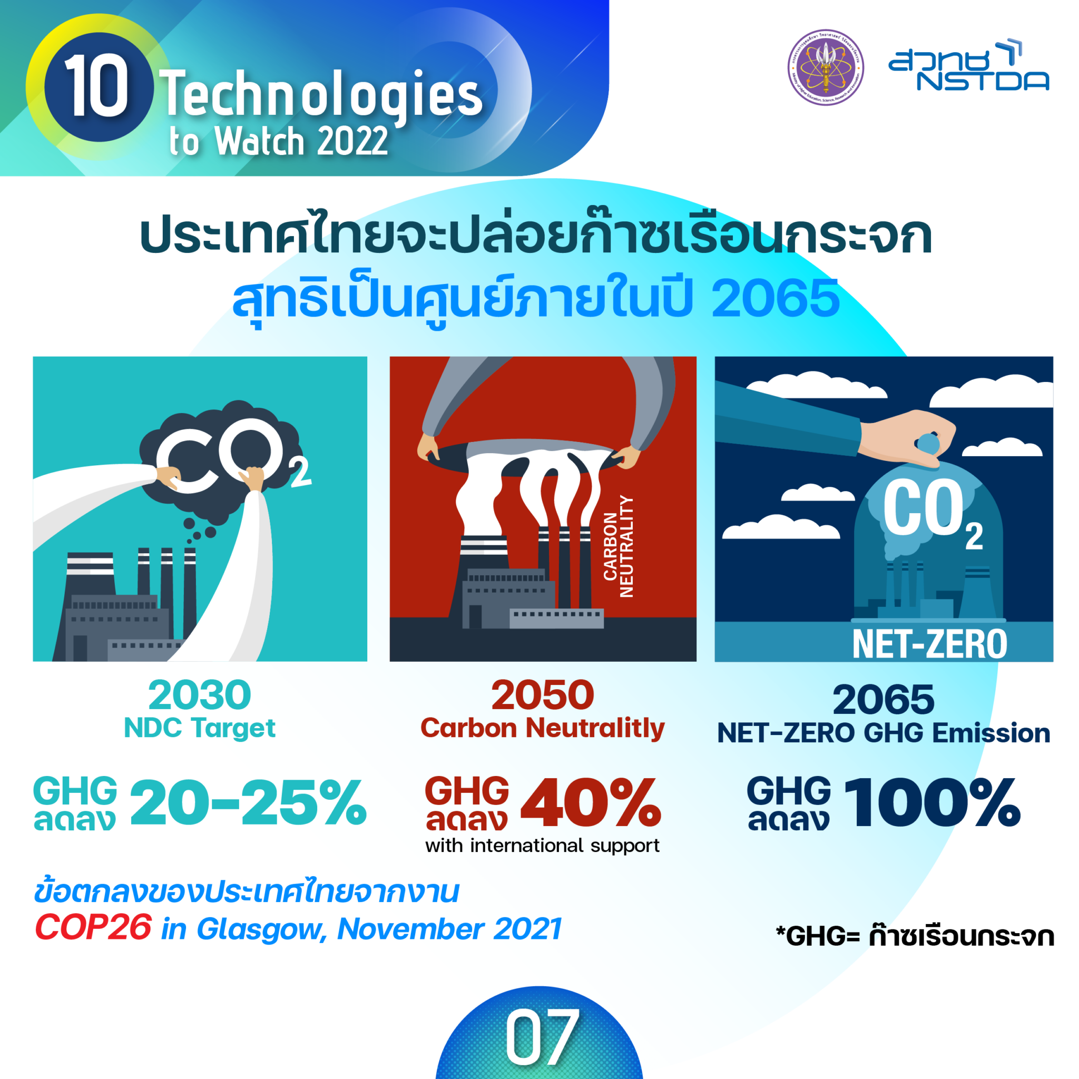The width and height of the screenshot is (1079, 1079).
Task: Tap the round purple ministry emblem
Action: point(826,67)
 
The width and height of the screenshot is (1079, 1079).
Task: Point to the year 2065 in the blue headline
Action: point(775,299)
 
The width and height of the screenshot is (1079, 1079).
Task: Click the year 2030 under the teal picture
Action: point(199,695)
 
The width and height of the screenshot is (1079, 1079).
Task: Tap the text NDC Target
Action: point(199,728)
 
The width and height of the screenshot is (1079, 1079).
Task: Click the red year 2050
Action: point(542,695)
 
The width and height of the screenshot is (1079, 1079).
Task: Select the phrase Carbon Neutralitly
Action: point(542,728)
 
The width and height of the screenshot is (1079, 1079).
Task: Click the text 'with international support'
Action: point(542,846)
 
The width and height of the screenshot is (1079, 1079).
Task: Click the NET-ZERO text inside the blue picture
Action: point(929,644)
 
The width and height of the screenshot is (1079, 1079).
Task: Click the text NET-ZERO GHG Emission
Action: point(884,733)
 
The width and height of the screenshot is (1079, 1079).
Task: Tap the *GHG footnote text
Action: point(915,937)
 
